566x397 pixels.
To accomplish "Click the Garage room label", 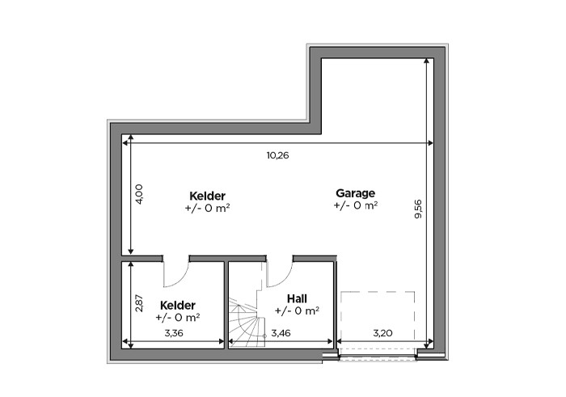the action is point(355,193).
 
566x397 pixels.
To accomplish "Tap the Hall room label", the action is point(297,298).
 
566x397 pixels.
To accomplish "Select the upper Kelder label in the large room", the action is point(207,196).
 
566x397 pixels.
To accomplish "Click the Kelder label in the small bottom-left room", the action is point(178,306).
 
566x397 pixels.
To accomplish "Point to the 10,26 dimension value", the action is point(277,155).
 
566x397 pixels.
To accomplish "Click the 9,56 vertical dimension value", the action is point(418,209).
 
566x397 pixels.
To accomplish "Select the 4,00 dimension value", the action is point(139,194).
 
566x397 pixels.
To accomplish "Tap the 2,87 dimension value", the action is point(139,303).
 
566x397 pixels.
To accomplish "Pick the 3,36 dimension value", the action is point(174,333).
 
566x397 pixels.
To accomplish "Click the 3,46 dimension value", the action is point(281,333).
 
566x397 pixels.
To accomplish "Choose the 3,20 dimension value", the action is point(382,333).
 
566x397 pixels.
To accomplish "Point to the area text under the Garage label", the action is point(356,205).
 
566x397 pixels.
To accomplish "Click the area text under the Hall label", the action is point(297,310).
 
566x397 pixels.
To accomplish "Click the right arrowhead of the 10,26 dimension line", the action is point(430,143).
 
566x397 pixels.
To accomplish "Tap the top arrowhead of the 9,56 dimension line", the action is point(427,61).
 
